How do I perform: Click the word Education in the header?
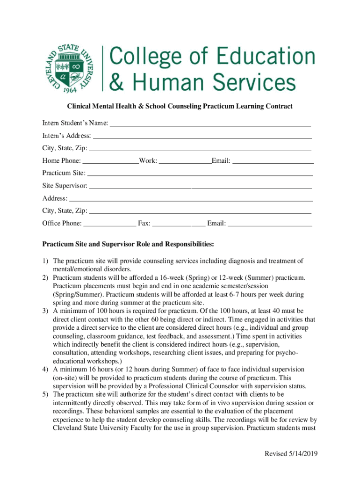point(261,57)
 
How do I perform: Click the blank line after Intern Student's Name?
point(210,124)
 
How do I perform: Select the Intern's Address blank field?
point(202,137)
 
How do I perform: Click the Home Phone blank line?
point(110,161)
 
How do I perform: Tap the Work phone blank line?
point(185,161)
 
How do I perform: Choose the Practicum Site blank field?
point(200,174)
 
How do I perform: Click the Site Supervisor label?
point(65,186)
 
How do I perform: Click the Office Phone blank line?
point(110,224)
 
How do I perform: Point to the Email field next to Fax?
point(270,224)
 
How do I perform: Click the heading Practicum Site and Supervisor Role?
point(129,244)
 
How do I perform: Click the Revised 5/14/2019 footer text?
point(291,454)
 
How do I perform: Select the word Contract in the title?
point(278,106)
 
